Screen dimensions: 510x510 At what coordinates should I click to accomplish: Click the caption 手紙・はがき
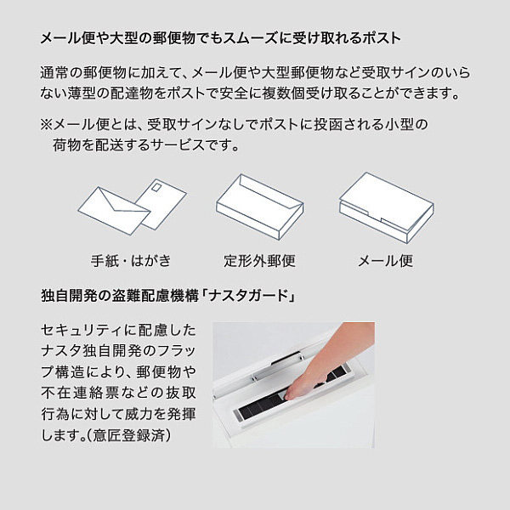pos(131,261)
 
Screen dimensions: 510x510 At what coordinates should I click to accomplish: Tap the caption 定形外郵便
pos(259,261)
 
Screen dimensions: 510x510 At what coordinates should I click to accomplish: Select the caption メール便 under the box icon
pos(385,261)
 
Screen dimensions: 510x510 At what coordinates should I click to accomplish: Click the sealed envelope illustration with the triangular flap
pos(114,211)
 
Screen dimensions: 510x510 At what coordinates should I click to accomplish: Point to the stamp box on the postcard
pos(156,187)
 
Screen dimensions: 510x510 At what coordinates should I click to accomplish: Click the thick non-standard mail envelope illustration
pos(259,207)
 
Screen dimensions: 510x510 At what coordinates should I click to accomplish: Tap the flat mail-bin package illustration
pos(387,207)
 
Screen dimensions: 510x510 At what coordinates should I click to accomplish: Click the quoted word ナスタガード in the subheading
pos(248,297)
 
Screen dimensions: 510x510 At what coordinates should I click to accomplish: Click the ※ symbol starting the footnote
pos(46,125)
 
